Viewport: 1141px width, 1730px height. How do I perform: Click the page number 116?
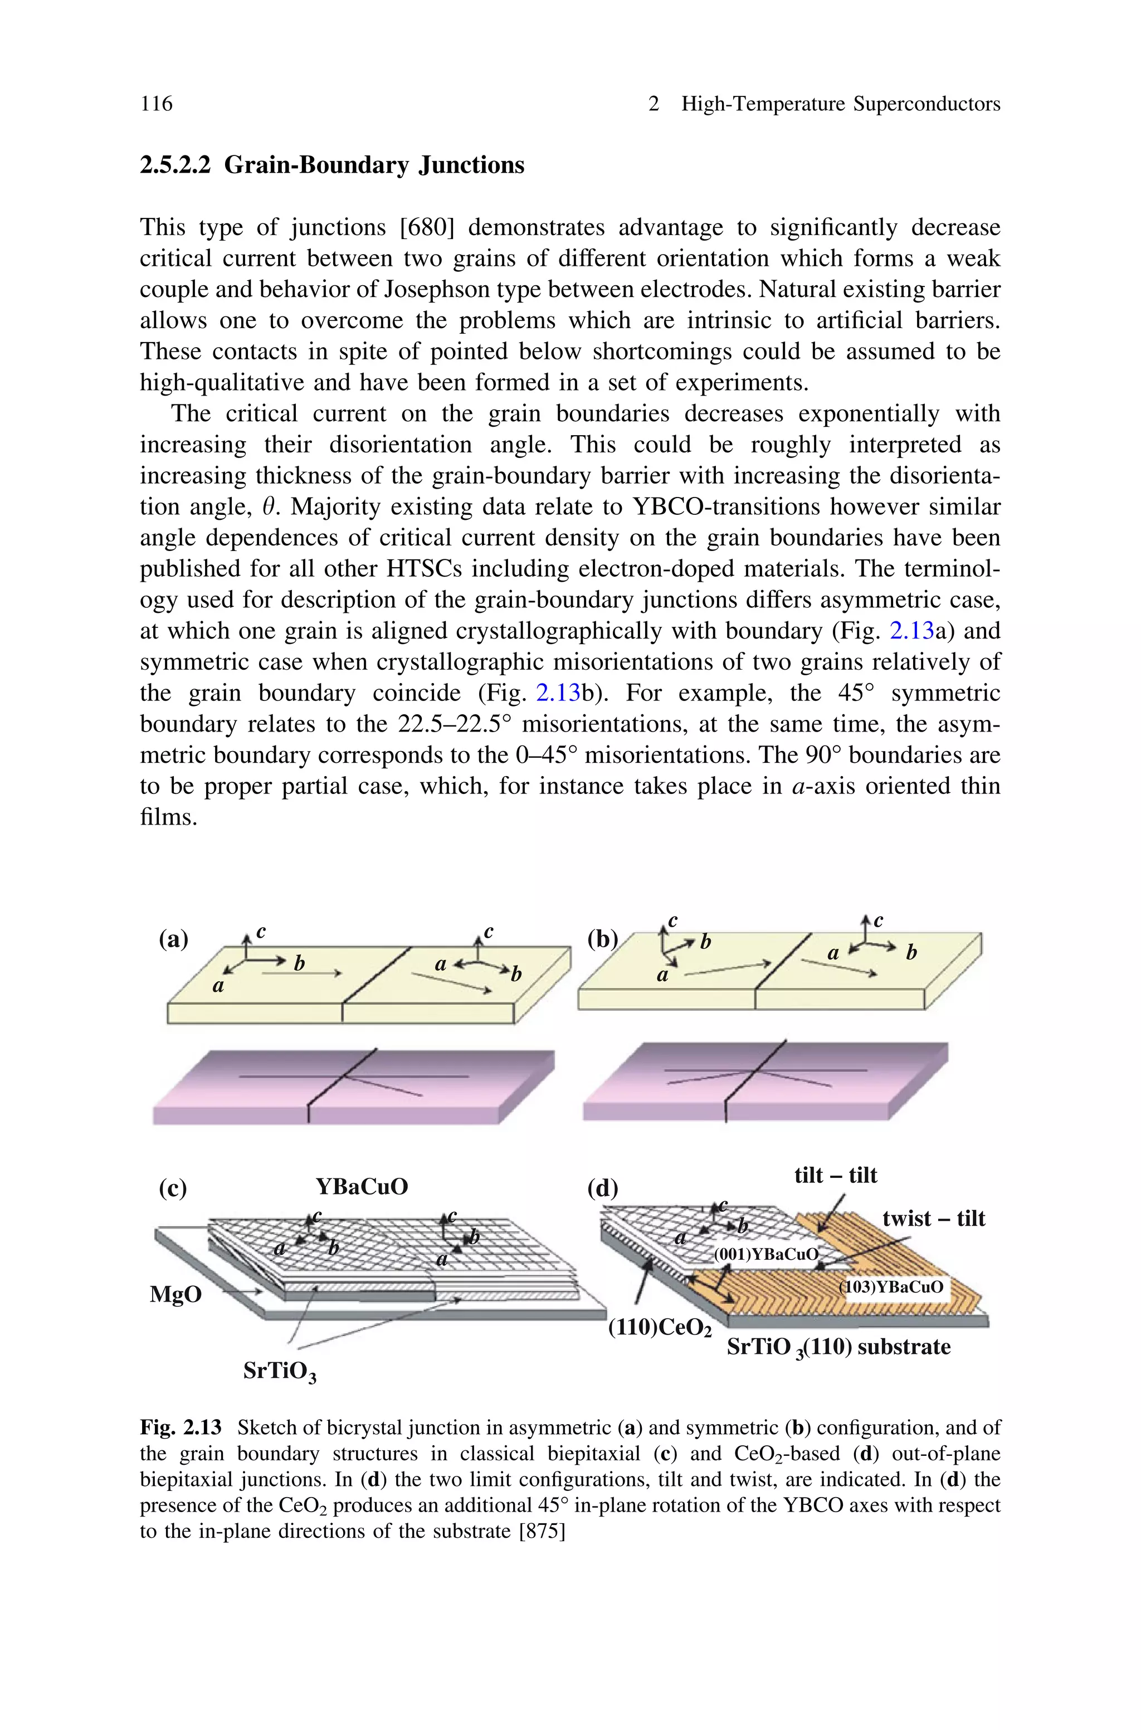[x=157, y=104]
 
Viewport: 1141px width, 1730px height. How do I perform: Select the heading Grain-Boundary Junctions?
[x=373, y=165]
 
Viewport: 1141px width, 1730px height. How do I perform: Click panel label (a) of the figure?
[x=173, y=939]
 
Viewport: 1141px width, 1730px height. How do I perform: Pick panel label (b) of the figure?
[x=602, y=939]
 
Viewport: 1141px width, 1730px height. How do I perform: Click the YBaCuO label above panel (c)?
[x=362, y=1187]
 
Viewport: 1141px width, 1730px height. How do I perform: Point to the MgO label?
[x=175, y=1294]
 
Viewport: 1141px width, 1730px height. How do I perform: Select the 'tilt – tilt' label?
[x=835, y=1175]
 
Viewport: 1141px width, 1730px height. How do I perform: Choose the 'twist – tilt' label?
[x=934, y=1219]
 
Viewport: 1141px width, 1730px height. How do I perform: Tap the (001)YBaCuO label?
[x=765, y=1254]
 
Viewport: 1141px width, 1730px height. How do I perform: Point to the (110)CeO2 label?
[x=659, y=1330]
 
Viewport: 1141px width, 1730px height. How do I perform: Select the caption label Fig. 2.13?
[x=181, y=1428]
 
